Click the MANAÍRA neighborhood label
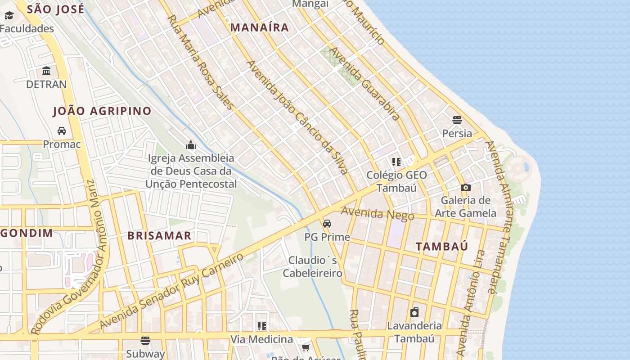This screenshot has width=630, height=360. pos(260,27)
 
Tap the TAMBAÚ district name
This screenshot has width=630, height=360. pos(441,246)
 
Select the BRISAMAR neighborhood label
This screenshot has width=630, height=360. pos(159,235)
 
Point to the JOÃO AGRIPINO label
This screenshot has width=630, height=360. pos(102,111)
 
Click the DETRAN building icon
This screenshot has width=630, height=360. pos(46,71)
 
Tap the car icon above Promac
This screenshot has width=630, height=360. pos(62,131)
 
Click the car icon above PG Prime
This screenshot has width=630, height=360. pos(327,224)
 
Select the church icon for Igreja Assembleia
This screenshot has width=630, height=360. pos(191,145)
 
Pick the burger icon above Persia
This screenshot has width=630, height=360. pos(457,120)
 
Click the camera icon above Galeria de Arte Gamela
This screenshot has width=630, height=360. pos(466,187)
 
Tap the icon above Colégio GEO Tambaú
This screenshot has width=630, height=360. pos(396,162)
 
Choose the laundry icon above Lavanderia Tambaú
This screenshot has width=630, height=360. pos(414,312)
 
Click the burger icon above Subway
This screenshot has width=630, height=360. pos(145,340)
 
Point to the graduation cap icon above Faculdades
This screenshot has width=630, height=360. pos(9,16)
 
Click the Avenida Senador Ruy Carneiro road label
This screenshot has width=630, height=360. pos(171,291)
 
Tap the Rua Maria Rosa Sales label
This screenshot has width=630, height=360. pos(201,62)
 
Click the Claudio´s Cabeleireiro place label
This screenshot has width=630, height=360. pos(312,266)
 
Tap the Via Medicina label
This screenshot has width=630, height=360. pos(261,339)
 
